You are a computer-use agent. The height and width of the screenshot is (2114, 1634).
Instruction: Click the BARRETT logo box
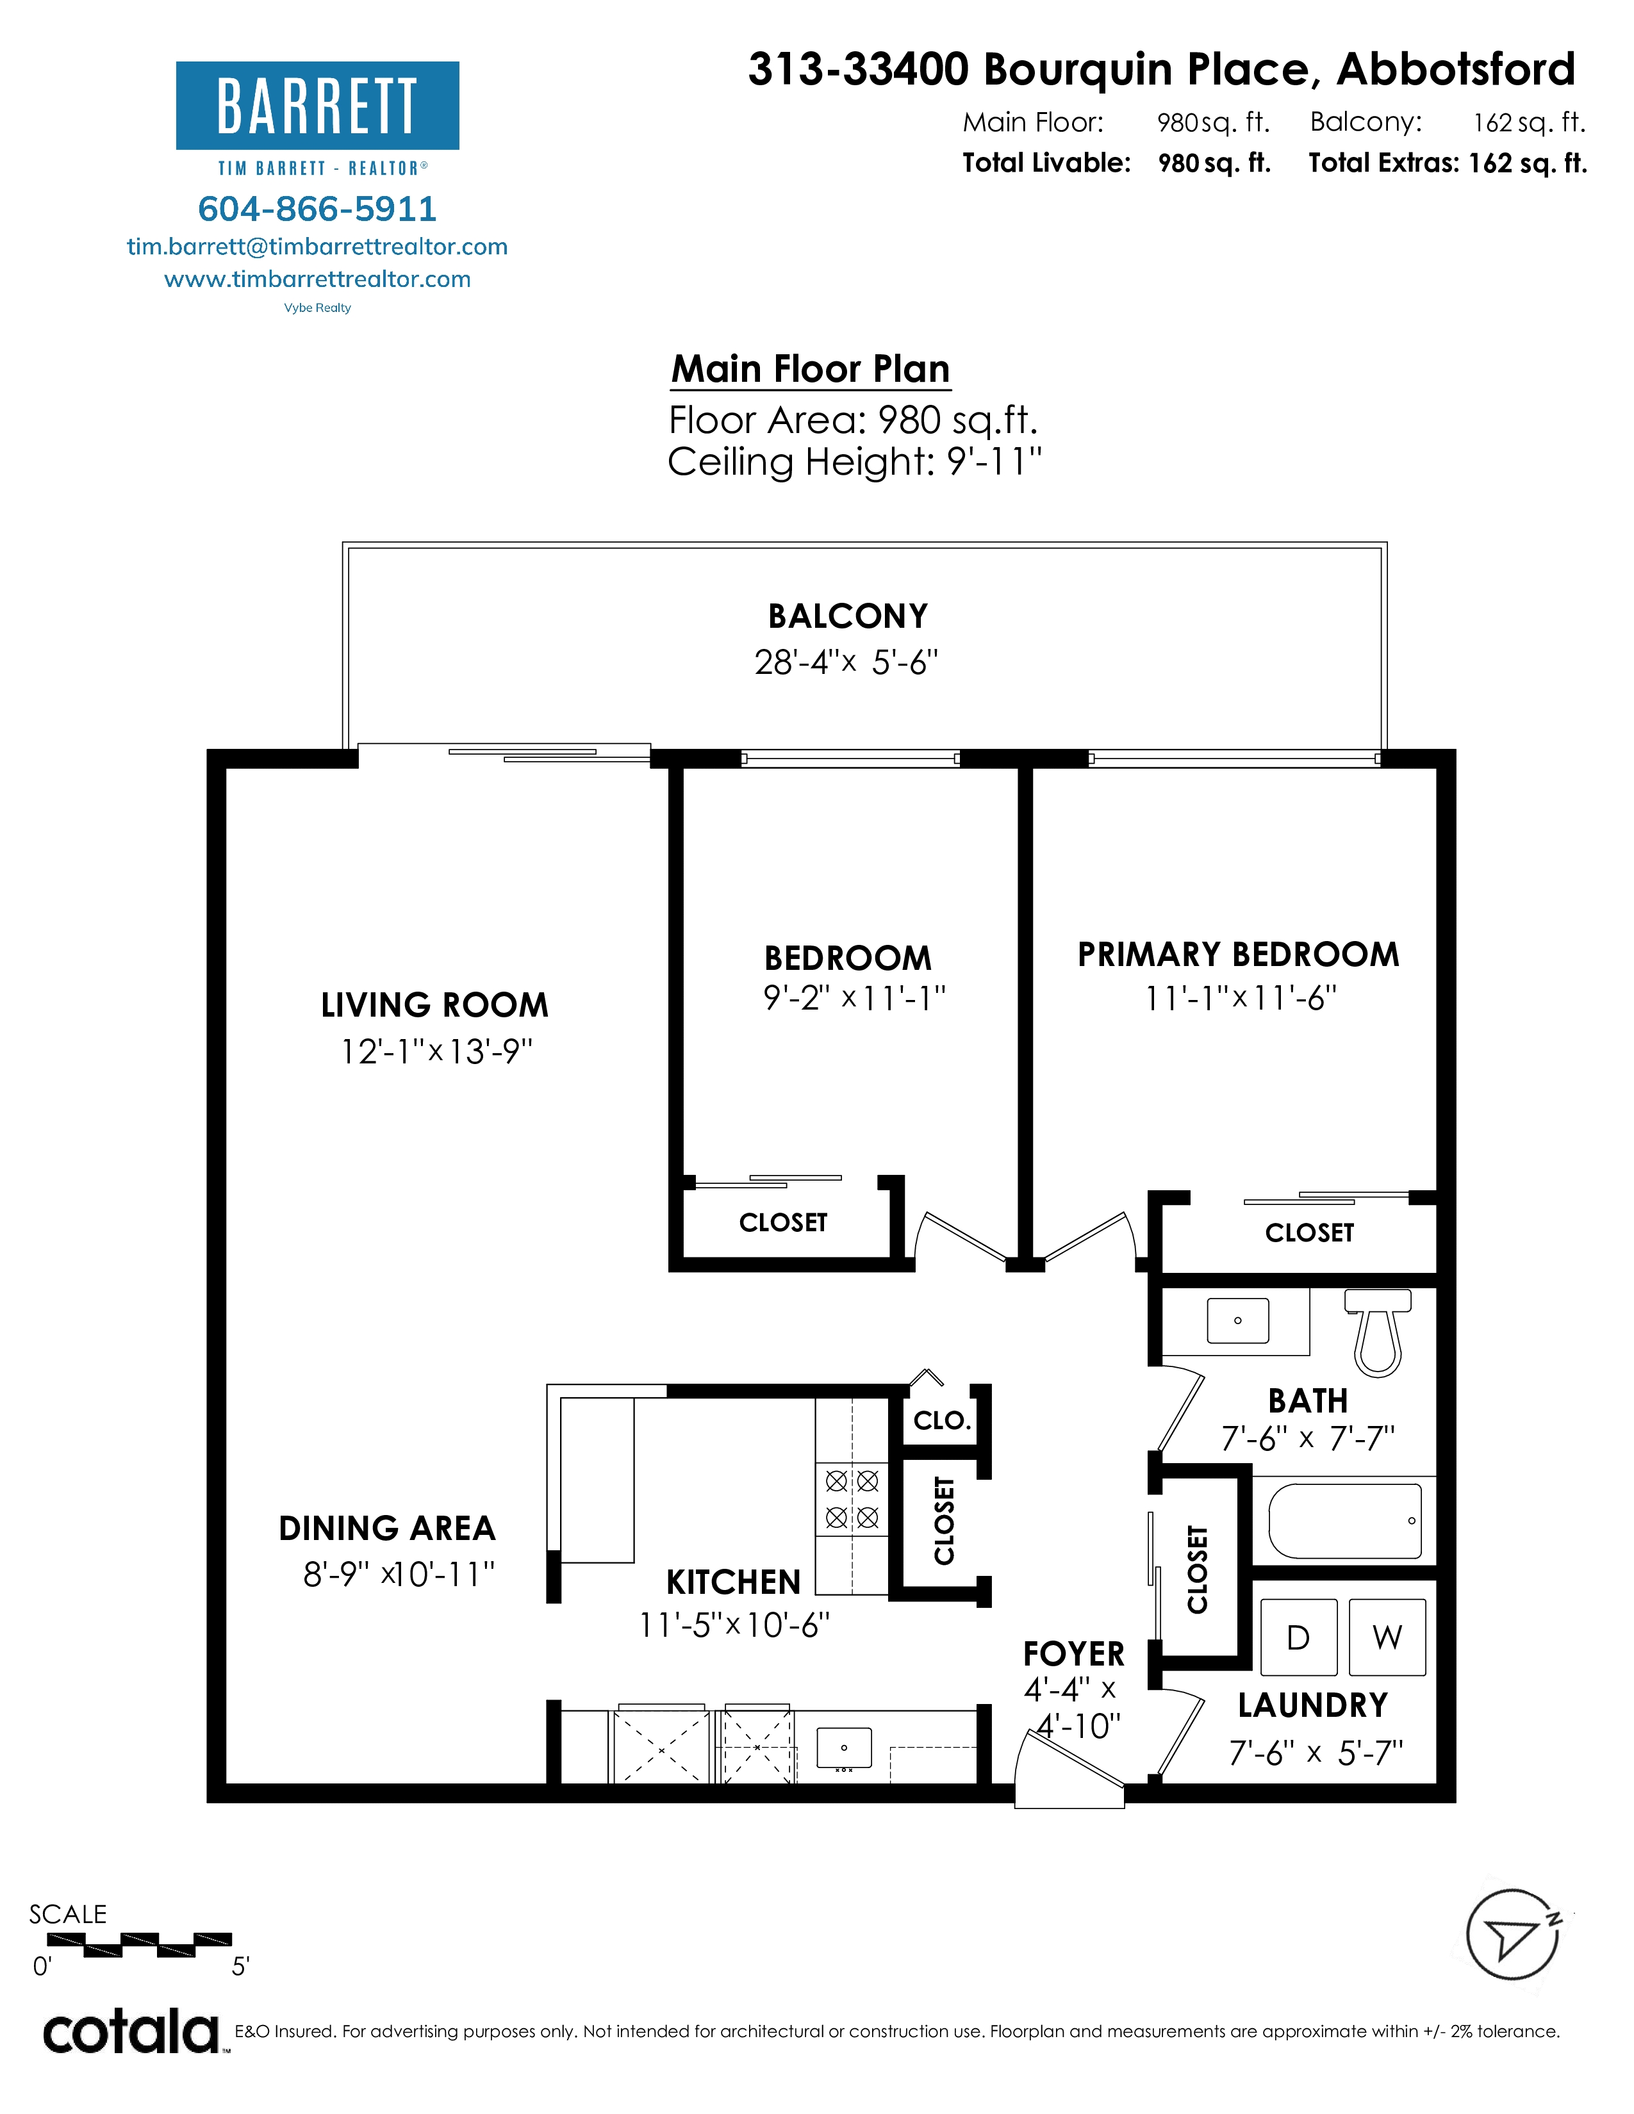pyautogui.click(x=317, y=106)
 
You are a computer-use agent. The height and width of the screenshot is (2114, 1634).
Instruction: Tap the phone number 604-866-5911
pyautogui.click(x=317, y=208)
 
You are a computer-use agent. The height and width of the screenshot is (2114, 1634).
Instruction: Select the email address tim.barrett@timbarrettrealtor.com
pyautogui.click(x=317, y=247)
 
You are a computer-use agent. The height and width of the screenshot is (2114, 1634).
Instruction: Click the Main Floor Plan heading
pyautogui.click(x=811, y=369)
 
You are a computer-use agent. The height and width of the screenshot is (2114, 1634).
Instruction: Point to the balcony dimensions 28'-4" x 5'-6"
pyautogui.click(x=847, y=662)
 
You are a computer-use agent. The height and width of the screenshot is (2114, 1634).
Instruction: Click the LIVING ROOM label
pyautogui.click(x=434, y=1004)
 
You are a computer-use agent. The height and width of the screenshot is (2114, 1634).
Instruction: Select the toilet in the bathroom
pyautogui.click(x=1378, y=1331)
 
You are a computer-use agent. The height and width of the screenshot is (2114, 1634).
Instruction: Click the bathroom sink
pyautogui.click(x=1238, y=1320)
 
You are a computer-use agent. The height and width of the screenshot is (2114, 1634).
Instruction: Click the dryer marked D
pyautogui.click(x=1299, y=1637)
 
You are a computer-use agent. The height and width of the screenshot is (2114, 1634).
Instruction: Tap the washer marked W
pyautogui.click(x=1387, y=1637)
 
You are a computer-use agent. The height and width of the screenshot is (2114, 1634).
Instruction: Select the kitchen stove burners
pyautogui.click(x=852, y=1498)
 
